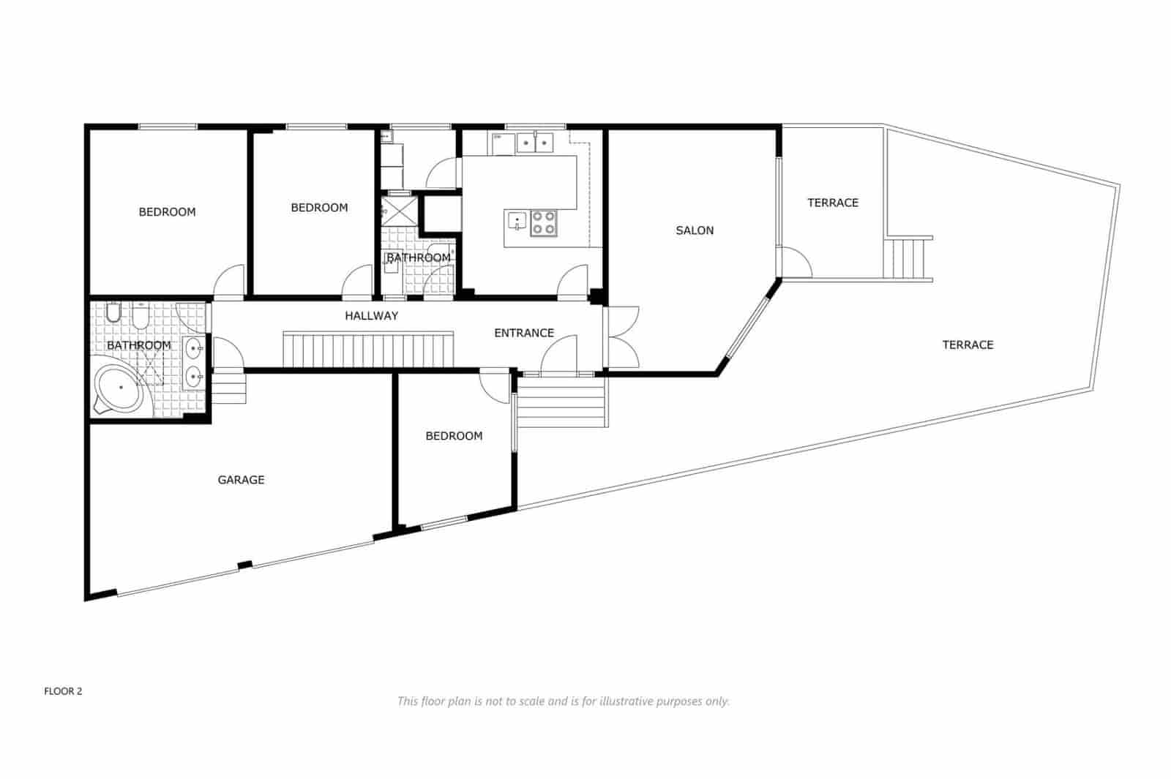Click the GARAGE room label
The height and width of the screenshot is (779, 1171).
tap(241, 480)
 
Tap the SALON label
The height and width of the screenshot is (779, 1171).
tap(695, 230)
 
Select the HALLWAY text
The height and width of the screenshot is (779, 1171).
tap(372, 316)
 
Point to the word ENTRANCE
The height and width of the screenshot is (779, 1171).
tap(524, 333)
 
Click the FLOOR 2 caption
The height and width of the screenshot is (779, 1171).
tap(63, 691)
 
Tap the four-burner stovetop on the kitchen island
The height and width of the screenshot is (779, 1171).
tap(544, 223)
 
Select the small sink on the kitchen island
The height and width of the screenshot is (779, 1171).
tap(517, 219)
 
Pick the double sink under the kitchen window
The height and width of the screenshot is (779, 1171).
tap(535, 143)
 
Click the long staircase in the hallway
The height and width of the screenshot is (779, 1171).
tap(368, 350)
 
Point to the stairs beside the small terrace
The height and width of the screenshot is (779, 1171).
tap(908, 257)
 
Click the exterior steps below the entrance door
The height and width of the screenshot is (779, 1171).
tap(562, 402)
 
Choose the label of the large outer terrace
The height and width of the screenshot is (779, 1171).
tap(968, 345)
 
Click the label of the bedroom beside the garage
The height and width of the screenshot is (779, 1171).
tap(454, 436)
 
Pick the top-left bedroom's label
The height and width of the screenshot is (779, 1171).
tap(167, 212)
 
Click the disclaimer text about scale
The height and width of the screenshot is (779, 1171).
tap(563, 701)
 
